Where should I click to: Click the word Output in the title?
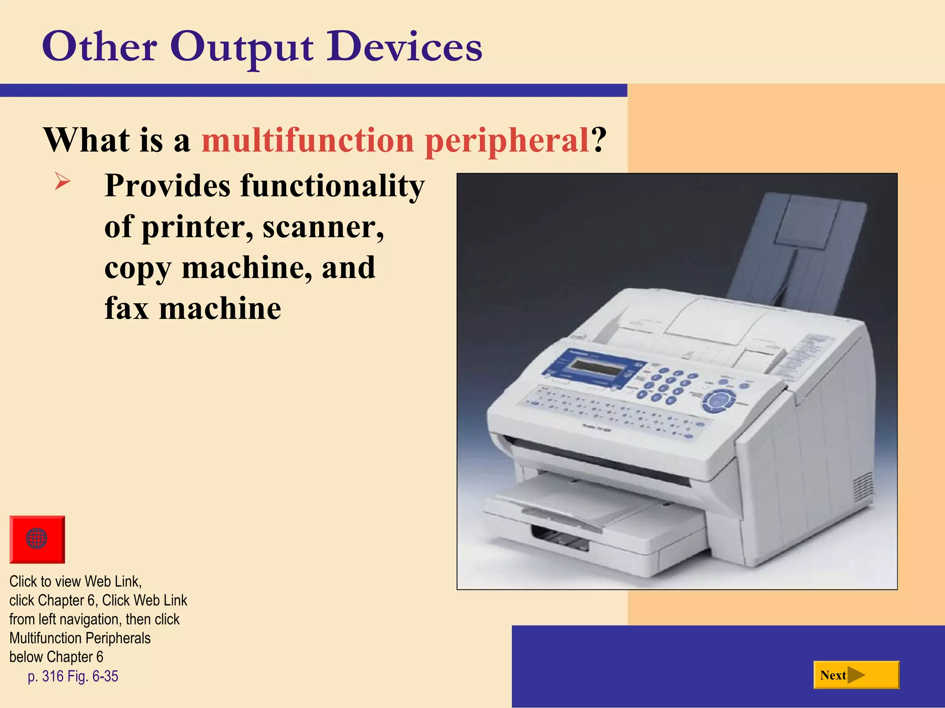[x=242, y=47]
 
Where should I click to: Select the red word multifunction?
[x=308, y=140]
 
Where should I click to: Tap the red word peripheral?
[x=507, y=141]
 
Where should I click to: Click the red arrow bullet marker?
[x=62, y=181]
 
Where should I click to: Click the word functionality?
[x=332, y=186]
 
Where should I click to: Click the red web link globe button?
[x=37, y=539]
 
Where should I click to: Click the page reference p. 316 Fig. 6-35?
[x=73, y=676]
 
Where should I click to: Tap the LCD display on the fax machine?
[x=594, y=368]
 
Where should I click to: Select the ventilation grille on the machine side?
[x=861, y=489]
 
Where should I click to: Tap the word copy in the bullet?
[x=138, y=268]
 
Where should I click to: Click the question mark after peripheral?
[x=598, y=140]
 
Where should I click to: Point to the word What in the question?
[x=87, y=140]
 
